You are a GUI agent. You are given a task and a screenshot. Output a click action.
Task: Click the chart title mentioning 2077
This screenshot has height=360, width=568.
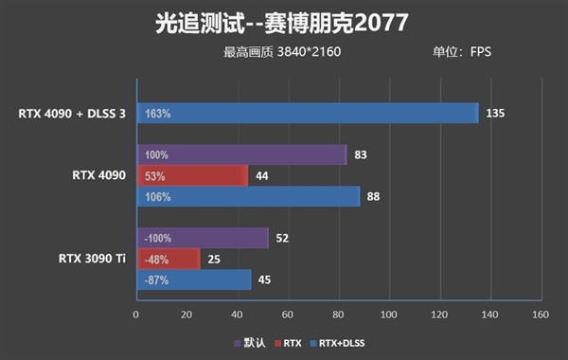(x=284, y=21)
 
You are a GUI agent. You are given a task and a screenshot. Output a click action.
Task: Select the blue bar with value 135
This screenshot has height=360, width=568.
(x=308, y=114)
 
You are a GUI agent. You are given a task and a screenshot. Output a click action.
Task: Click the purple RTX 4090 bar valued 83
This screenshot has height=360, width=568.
(x=241, y=154)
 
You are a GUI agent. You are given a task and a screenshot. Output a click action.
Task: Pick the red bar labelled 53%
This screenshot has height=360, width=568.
(x=192, y=175)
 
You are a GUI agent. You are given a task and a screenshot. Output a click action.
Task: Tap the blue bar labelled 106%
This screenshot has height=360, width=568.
(x=248, y=196)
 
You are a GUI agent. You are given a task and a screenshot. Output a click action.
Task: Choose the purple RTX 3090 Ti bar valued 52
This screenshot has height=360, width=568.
(x=203, y=237)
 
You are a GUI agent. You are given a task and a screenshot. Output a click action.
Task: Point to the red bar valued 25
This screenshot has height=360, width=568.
(x=169, y=258)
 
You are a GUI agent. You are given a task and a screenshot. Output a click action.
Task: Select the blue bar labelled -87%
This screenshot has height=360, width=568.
(x=194, y=279)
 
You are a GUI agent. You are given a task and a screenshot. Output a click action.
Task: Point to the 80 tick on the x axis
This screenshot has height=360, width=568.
(x=339, y=315)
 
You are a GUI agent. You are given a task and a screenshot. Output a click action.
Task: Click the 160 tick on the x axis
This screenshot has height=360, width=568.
(x=539, y=315)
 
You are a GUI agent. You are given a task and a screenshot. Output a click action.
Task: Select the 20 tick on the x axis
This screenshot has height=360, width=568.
(x=187, y=315)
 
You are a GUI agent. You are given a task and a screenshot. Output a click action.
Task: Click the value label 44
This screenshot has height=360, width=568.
(x=262, y=175)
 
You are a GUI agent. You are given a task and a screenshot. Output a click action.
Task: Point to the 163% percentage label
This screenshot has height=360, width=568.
(x=158, y=114)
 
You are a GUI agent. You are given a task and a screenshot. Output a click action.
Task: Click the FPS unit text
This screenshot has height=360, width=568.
(x=481, y=52)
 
